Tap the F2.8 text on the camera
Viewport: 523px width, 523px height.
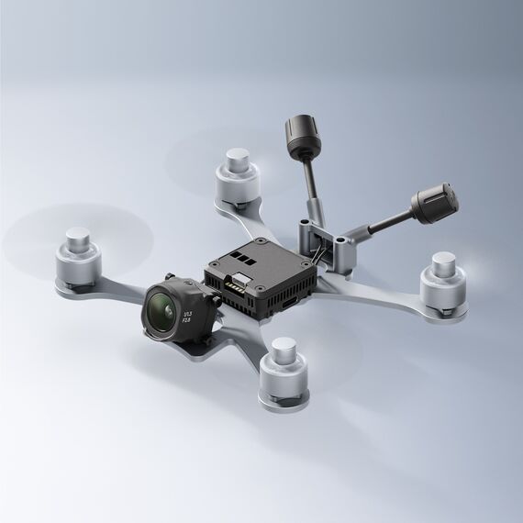click(187, 318)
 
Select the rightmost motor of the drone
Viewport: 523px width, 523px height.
click(443, 281)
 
